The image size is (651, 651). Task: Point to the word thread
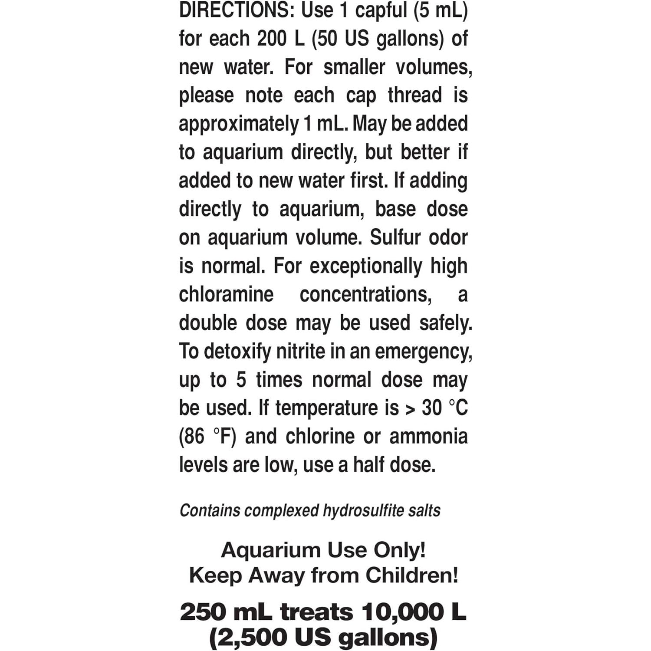coord(414,95)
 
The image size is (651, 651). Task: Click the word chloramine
coord(226,295)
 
